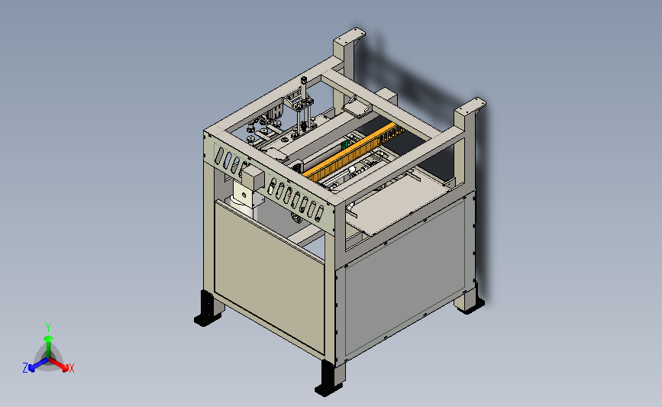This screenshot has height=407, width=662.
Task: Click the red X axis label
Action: pyautogui.click(x=71, y=368)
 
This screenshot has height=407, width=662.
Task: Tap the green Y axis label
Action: pyautogui.click(x=48, y=328)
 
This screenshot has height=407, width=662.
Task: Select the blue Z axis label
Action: pyautogui.click(x=25, y=368)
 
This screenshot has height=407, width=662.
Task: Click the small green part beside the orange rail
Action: pyautogui.click(x=344, y=145)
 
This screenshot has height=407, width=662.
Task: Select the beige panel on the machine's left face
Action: pyautogui.click(x=269, y=276)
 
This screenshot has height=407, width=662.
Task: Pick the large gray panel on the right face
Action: pyautogui.click(x=405, y=276)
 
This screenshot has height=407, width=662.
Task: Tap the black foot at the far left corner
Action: pyautogui.click(x=207, y=310)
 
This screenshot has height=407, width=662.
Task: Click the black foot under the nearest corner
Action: pyautogui.click(x=328, y=379)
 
